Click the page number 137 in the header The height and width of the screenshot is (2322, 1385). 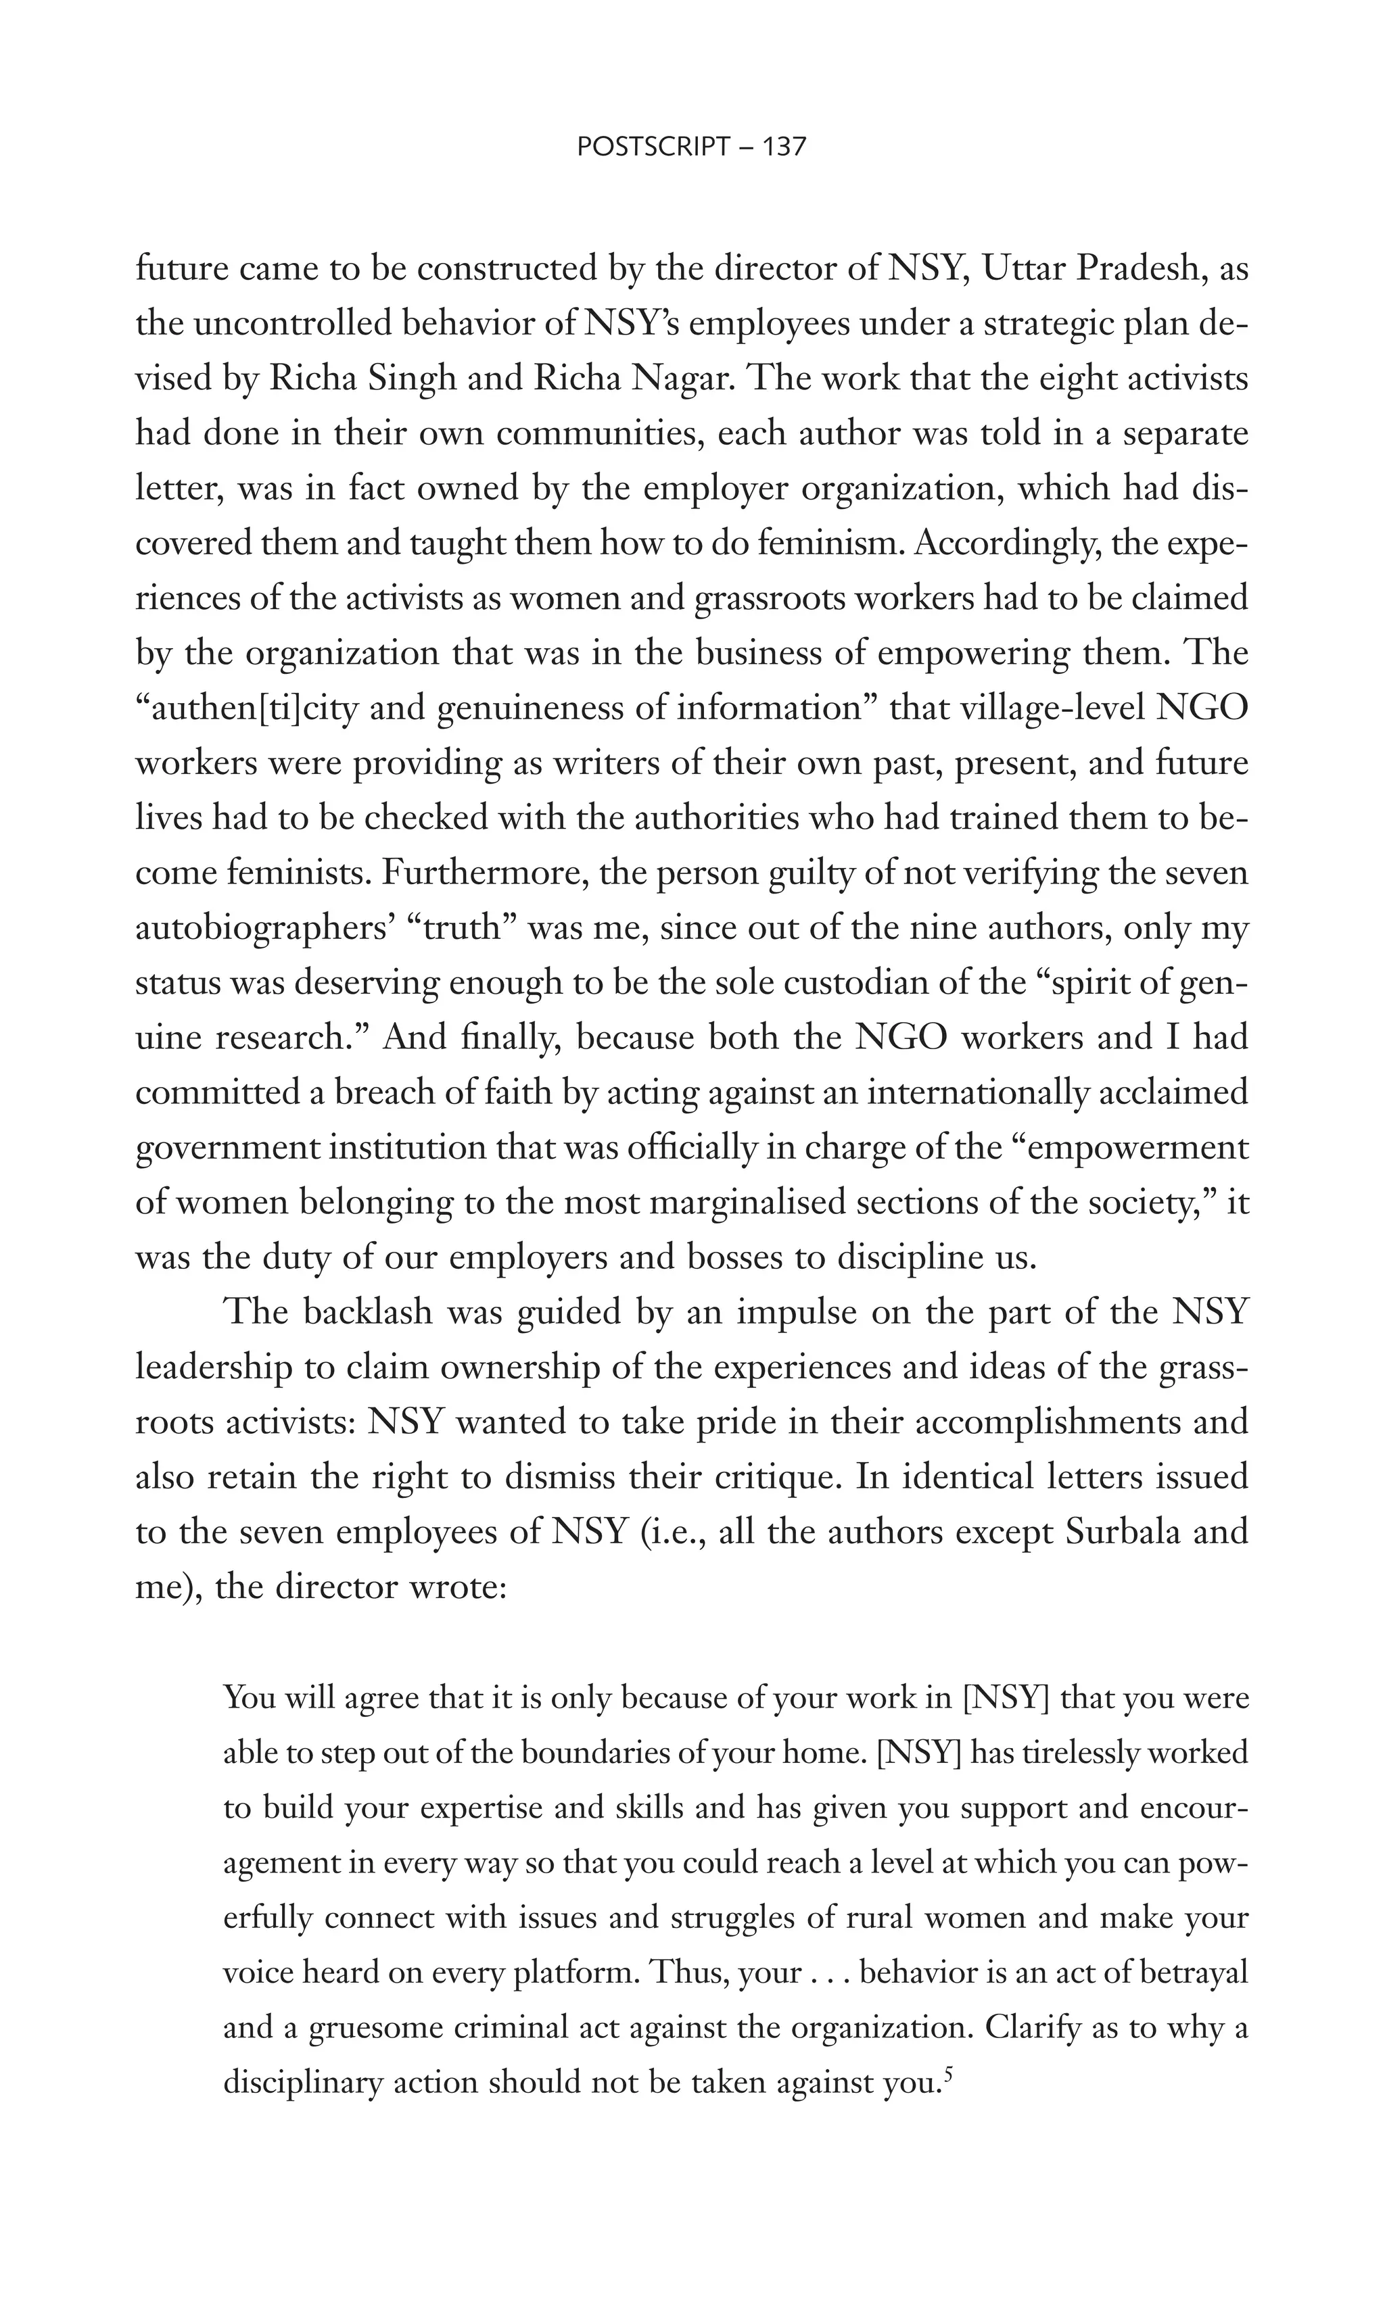[x=783, y=147]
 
